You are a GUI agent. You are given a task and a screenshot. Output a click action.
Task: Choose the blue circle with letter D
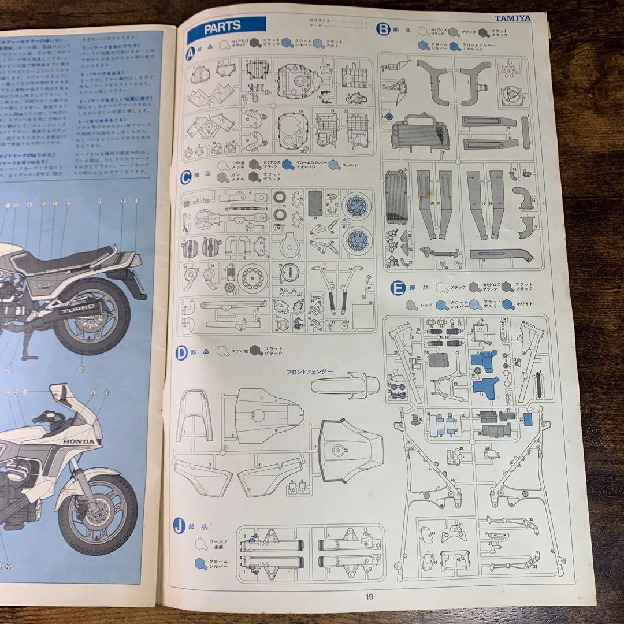182,352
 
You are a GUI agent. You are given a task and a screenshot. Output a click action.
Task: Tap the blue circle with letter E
397,287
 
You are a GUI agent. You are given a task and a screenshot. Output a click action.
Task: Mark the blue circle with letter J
180,526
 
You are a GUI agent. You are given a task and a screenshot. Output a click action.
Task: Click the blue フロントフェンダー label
309,371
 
